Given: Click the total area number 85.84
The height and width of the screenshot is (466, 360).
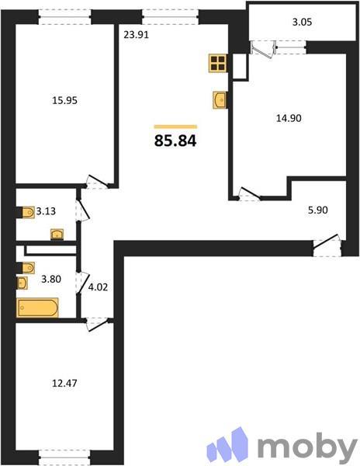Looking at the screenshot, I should pyautogui.click(x=176, y=141).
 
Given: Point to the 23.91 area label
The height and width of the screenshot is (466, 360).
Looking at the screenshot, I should pyautogui.click(x=137, y=33).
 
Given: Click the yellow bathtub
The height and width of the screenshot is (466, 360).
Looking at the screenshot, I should pyautogui.click(x=38, y=308).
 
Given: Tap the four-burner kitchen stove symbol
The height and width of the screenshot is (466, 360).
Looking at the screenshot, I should pyautogui.click(x=217, y=63).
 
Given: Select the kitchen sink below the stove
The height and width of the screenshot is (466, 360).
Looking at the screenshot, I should pyautogui.click(x=219, y=99).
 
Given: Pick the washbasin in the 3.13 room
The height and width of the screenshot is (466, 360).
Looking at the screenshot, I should pyautogui.click(x=57, y=234).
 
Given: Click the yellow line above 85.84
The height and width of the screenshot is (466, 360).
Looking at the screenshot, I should pyautogui.click(x=175, y=126).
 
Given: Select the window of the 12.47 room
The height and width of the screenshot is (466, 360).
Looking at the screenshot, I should pyautogui.click(x=64, y=453).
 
